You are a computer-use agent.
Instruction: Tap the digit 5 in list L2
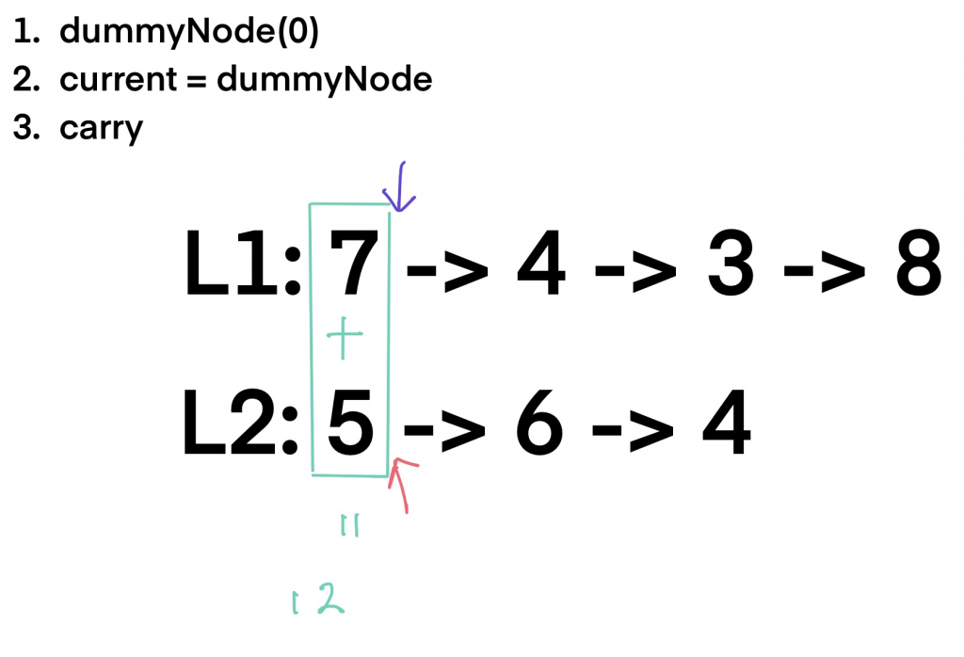pos(351,428)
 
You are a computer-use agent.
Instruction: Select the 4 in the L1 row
pos(540,267)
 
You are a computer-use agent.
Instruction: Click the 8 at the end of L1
pos(914,267)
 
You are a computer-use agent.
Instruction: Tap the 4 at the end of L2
pos(725,428)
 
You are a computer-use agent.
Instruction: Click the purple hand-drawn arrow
pos(396,186)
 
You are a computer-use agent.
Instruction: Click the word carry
pos(101,128)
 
